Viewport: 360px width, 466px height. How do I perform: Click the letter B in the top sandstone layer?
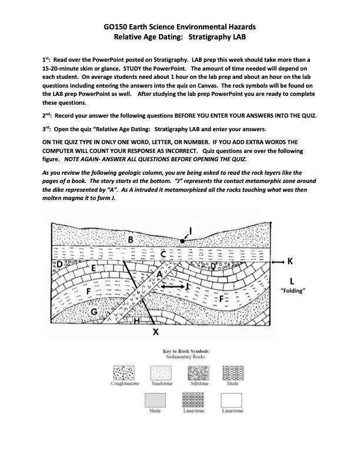tap(130, 239)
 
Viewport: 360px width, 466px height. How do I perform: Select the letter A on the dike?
tap(159, 275)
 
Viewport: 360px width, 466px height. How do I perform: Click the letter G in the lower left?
tap(93, 311)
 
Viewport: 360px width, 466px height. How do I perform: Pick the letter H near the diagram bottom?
tap(137, 321)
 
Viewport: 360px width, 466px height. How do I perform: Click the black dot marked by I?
tap(184, 241)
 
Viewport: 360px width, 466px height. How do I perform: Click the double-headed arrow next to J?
tap(172, 286)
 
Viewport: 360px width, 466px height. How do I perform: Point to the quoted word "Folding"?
tap(292, 291)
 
